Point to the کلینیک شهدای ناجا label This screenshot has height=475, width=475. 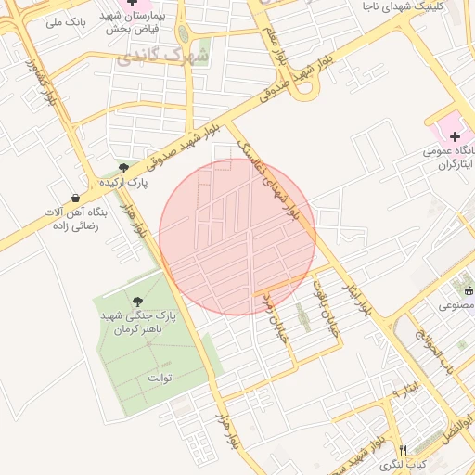tap(418, 6)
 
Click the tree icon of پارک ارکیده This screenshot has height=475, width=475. tap(123, 167)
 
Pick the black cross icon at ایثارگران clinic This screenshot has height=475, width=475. tap(455, 136)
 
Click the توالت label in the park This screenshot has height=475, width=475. tap(161, 379)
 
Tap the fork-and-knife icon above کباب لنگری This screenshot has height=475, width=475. tap(403, 447)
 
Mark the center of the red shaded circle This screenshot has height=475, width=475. tap(237, 237)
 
